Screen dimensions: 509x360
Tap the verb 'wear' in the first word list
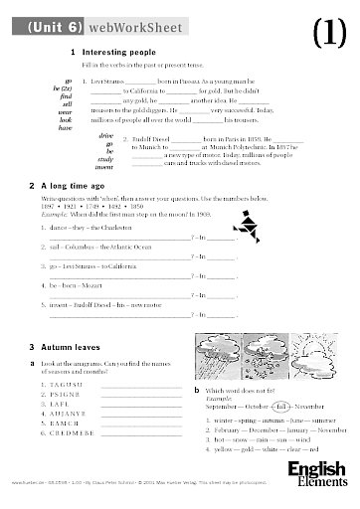tap(66, 110)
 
